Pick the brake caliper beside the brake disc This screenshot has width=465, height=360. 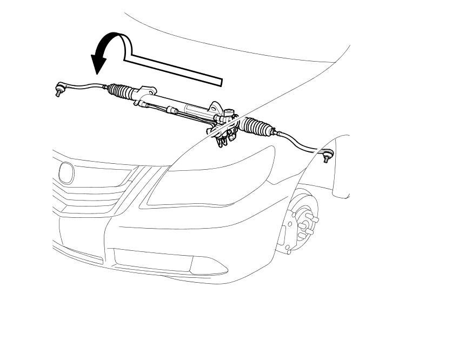(x=282, y=235)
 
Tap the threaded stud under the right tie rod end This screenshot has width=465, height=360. (x=326, y=161)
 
